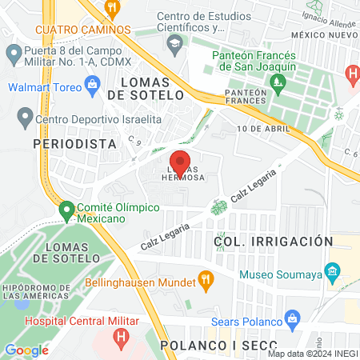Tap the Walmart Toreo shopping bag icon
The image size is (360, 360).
93,82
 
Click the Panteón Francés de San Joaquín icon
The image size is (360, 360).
277,81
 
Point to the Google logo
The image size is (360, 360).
26,350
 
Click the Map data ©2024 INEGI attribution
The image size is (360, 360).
311,354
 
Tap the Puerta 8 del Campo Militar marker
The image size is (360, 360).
13,54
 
